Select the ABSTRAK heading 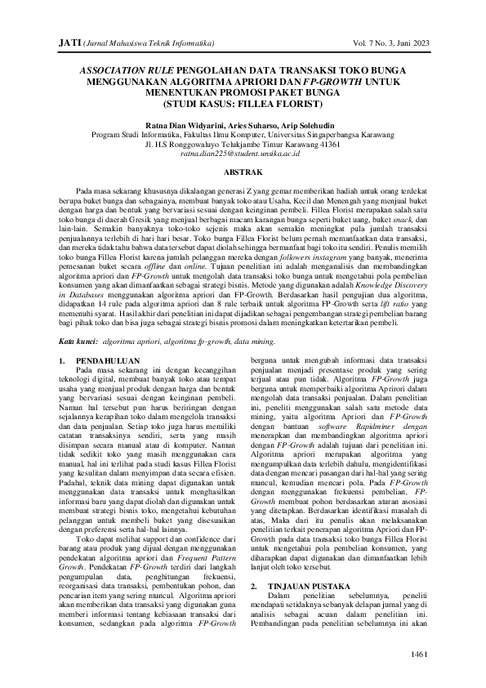pos(243,172)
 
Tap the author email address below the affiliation pos(242,153)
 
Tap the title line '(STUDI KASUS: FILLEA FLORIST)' pos(243,105)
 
